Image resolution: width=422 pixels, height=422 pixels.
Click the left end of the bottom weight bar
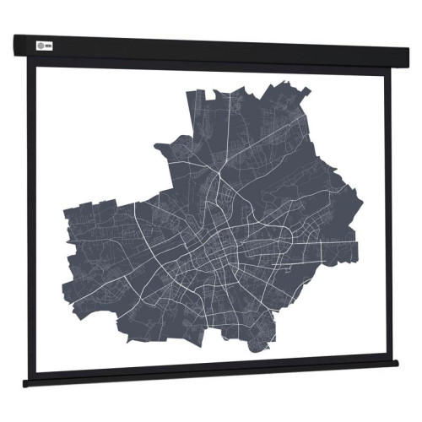pyautogui.click(x=26, y=383)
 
